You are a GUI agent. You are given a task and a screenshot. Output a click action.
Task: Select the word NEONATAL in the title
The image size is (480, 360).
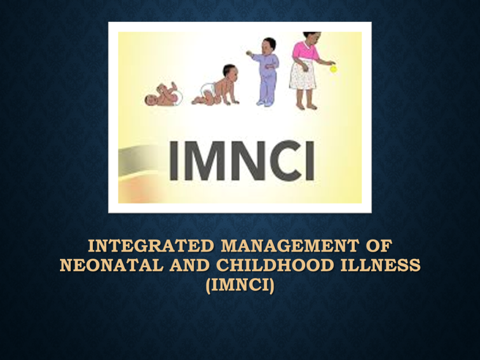[x=112, y=265]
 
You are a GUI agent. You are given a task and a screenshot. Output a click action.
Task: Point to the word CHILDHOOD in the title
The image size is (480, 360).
[x=275, y=265]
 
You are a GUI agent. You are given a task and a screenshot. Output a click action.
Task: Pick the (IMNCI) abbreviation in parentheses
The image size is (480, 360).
[x=240, y=285]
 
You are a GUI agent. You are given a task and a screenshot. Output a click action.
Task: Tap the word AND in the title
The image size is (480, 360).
[x=189, y=265]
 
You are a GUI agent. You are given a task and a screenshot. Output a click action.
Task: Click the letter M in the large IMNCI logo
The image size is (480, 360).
[x=204, y=160]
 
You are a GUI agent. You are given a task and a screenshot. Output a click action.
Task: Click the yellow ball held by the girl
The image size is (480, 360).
[x=333, y=69]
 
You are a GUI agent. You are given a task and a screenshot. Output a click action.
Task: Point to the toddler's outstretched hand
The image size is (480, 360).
[x=249, y=53]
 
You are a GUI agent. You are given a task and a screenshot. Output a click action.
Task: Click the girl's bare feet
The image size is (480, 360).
[x=307, y=107]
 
